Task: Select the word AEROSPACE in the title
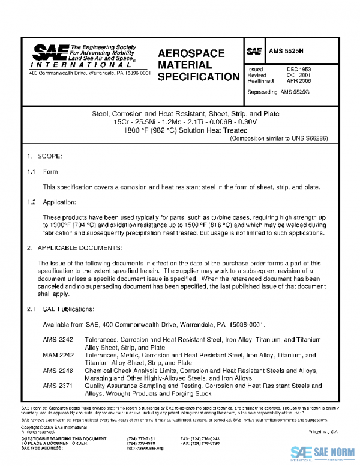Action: (x=191, y=53)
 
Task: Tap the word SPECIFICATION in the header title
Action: (x=199, y=77)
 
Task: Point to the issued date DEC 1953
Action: (x=298, y=70)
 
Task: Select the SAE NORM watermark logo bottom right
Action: (x=318, y=452)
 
